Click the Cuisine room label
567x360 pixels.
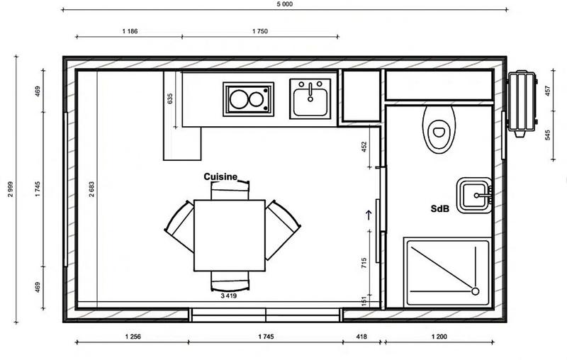pos(220,176)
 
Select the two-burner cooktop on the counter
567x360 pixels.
pos(248,99)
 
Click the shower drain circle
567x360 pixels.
pos(475,291)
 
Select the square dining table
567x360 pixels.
pos(230,235)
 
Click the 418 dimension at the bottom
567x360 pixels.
pos(361,338)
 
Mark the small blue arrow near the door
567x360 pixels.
pos(368,213)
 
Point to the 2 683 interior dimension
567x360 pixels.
pos(91,188)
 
